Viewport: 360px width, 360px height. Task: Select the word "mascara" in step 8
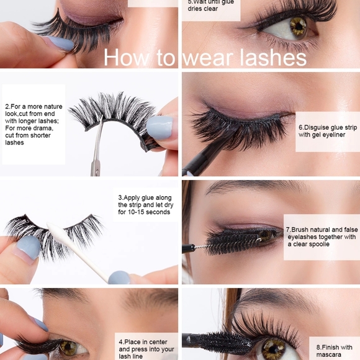[329, 355]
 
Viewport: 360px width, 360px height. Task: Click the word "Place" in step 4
[136, 342]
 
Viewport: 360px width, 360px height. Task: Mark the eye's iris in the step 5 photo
[298, 26]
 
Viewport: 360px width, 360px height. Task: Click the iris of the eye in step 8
[274, 349]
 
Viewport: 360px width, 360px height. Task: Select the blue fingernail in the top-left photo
[60, 43]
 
